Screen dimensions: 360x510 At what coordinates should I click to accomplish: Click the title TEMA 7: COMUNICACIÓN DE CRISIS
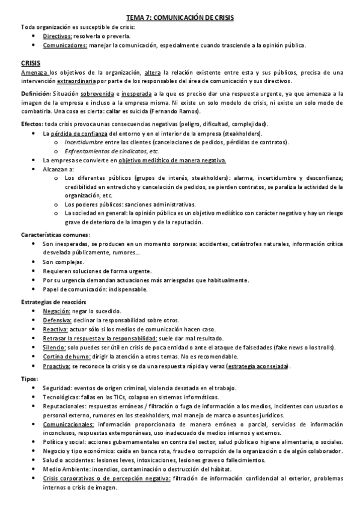pos(180,19)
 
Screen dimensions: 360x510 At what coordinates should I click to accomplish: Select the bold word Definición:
pos(36,94)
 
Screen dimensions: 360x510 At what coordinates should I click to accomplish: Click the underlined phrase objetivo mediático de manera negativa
pos(172,161)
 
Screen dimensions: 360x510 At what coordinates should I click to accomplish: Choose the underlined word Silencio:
pos(55,348)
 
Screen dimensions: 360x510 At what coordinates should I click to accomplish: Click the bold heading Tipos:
pos(29,379)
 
